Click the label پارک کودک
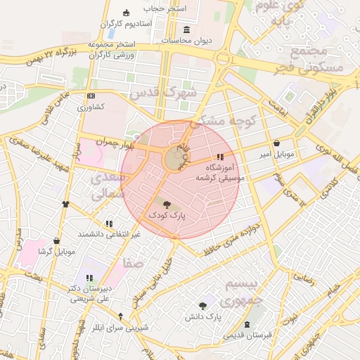(166, 216)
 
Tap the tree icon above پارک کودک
(166, 205)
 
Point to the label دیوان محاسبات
(186, 41)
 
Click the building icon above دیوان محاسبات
(186, 30)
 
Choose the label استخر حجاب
(166, 8)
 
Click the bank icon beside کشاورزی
(90, 96)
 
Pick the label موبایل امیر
(276, 153)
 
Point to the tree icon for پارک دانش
(204, 305)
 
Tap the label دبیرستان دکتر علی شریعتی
(89, 293)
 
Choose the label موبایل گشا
(55, 251)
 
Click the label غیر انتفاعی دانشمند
(109, 233)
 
